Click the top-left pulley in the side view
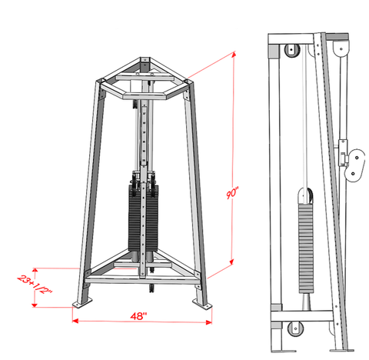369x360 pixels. (x=291, y=52)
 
